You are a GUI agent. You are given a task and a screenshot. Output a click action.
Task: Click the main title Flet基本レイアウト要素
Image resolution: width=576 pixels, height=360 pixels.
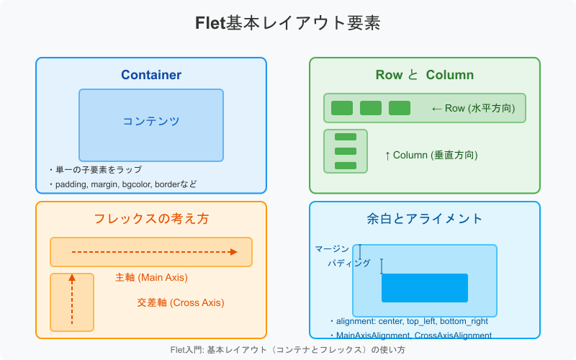point(288,23)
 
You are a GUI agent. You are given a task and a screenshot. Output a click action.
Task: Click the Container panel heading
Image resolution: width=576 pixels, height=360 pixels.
point(151,75)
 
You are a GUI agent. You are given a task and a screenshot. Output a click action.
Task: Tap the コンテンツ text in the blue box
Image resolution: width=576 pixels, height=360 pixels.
point(151,121)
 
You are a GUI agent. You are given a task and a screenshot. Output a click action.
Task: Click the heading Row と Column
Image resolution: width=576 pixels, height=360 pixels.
point(425,75)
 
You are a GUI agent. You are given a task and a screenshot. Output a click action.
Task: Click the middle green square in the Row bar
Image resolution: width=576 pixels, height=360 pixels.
point(371,108)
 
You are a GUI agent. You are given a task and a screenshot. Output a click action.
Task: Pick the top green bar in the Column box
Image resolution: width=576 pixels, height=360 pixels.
point(346,137)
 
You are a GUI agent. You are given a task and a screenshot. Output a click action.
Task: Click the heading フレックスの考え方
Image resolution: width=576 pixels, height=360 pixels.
point(151,219)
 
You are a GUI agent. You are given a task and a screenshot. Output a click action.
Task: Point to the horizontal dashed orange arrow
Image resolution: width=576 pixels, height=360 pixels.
point(154,252)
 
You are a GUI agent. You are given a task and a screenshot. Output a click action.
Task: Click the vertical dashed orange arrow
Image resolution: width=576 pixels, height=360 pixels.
point(72,299)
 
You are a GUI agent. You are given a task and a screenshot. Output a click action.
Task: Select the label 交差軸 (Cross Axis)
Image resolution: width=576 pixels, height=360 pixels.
point(180,302)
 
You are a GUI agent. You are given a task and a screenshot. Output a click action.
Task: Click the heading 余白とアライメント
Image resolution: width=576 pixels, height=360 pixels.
point(425,219)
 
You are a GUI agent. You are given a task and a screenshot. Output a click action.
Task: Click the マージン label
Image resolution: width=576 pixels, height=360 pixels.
point(332,249)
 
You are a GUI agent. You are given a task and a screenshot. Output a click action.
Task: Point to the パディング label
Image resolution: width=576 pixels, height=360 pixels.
point(349,264)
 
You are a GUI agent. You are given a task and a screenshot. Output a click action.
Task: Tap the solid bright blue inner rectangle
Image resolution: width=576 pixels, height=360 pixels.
point(425,287)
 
